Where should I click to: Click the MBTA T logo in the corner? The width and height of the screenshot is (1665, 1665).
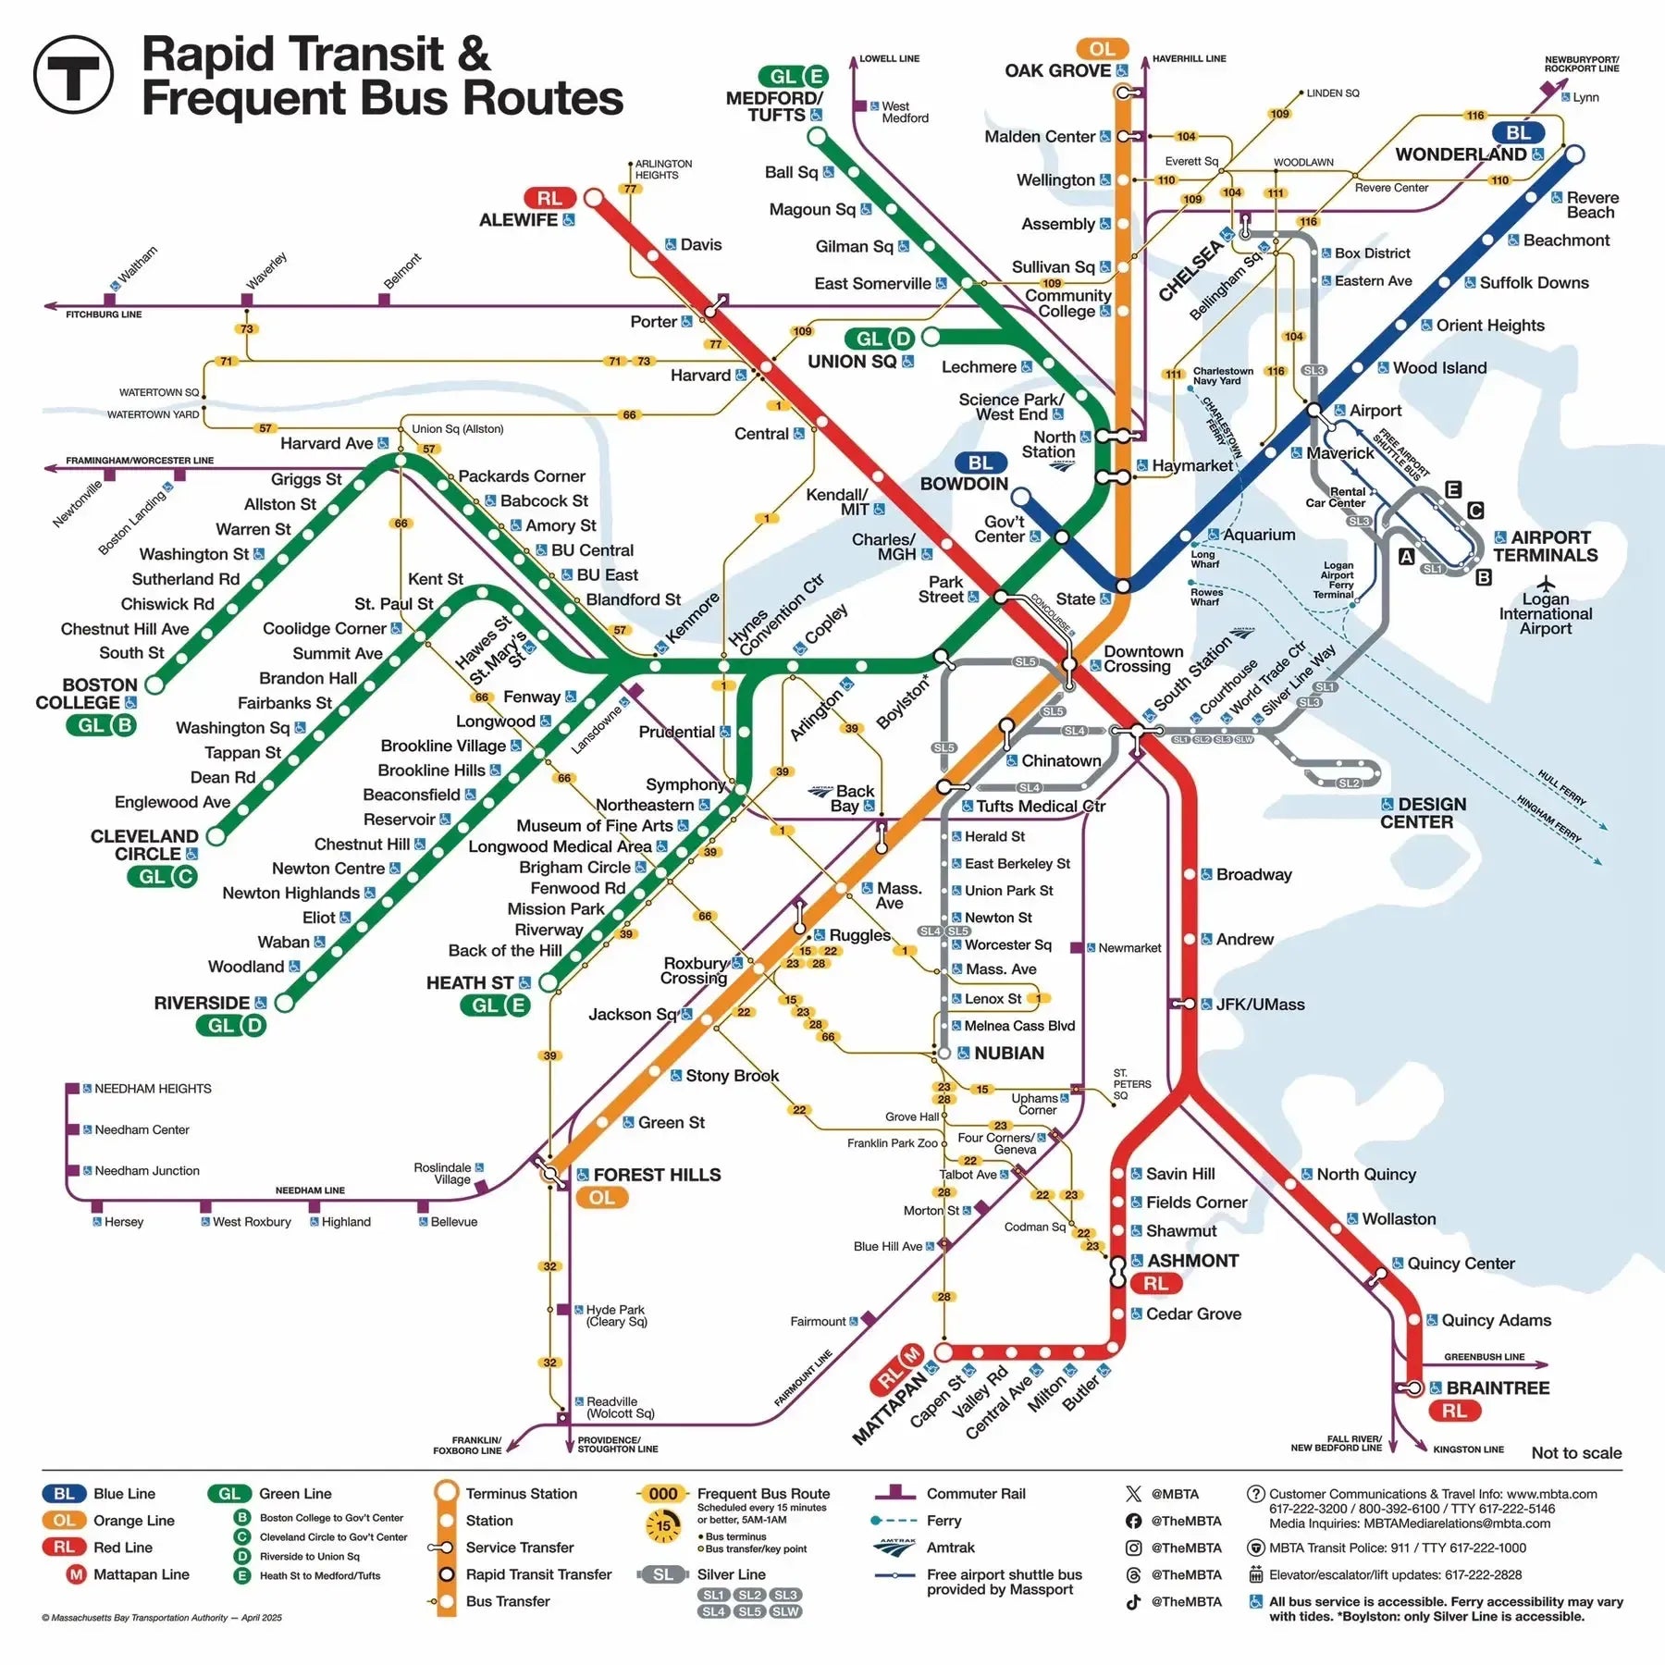pos(73,74)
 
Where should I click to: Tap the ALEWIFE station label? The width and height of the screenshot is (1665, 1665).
pos(518,220)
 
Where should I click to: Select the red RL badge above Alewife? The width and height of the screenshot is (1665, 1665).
pos(549,198)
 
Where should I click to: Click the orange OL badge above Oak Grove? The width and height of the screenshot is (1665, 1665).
pos(1102,49)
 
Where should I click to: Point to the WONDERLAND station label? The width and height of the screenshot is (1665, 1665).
pos(1461,154)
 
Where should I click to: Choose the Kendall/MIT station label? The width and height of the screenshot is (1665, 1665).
pos(837,501)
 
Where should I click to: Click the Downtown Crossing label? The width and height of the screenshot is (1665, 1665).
pos(1143,659)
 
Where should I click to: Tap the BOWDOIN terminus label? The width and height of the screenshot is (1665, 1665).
pos(964,484)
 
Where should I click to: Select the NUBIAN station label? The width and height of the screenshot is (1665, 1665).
pos(1008,1053)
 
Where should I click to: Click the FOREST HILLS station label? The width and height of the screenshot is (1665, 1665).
pos(657,1175)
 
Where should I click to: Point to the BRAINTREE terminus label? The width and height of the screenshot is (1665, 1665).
pos(1499,1387)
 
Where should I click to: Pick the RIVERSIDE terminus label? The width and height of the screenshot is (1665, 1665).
pos(202,1003)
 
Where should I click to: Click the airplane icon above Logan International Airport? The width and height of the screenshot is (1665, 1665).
pos(1546,584)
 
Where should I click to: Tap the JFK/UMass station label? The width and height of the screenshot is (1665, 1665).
pos(1260,1005)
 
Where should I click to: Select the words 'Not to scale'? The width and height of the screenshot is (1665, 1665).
pos(1576,1453)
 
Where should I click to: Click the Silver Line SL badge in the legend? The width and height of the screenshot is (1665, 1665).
pos(663,1574)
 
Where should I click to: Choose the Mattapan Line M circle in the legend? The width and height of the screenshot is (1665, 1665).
pos(76,1574)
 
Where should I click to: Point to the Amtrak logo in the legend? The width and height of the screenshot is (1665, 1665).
pos(894,1548)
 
